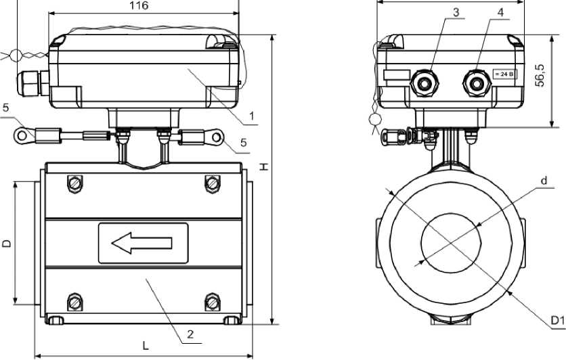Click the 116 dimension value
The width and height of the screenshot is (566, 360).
point(139,5)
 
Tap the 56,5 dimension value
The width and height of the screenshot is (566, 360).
point(540,75)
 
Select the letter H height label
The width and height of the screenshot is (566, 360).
point(265,166)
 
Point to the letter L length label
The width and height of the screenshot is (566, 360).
point(145,346)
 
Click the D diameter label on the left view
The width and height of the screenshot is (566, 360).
point(7,243)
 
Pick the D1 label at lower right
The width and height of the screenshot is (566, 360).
point(558,320)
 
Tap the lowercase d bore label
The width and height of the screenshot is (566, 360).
point(544,180)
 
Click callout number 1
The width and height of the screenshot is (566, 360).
point(252,116)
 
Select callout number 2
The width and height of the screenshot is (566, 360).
point(190,334)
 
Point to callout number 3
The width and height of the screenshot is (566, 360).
point(456,12)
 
